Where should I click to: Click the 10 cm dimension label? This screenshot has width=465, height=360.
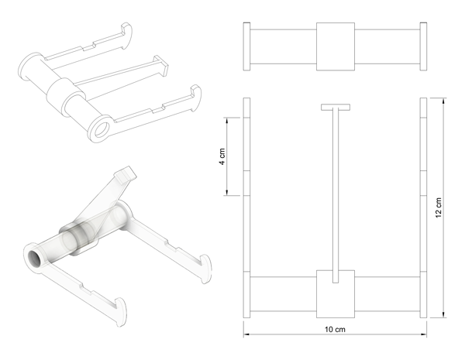point(335,330)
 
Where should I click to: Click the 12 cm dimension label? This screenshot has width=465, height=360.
point(439,207)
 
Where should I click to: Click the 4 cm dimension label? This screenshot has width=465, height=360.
point(222,156)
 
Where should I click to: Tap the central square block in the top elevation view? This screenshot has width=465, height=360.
point(336,46)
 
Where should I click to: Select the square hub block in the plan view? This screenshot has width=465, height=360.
point(336,294)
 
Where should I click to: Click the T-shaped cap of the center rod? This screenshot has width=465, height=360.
point(336,107)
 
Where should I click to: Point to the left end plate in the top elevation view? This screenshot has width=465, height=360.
point(246,46)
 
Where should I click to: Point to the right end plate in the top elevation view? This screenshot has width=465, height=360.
point(423,46)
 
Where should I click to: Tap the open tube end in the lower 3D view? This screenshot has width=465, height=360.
point(35,259)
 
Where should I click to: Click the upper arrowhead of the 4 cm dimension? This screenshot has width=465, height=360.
point(226,121)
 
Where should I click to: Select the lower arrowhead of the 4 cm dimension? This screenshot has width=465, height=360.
point(226,192)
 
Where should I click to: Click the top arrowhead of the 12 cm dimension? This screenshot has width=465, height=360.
point(443,101)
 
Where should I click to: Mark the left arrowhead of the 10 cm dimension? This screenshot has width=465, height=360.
point(247,334)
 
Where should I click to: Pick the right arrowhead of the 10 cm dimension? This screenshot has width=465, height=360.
point(423,334)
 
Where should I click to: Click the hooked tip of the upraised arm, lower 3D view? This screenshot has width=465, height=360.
point(126,174)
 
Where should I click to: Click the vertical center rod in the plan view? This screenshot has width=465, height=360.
point(336,195)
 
